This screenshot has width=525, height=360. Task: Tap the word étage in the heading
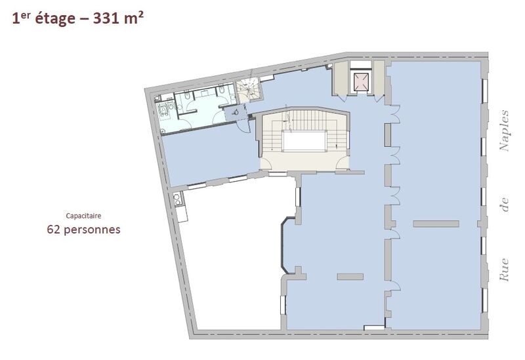pos(55,19)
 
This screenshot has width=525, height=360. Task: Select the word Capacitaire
pos(83,216)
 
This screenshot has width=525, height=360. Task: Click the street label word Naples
pos(504,130)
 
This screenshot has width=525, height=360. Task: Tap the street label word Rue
pos(504,270)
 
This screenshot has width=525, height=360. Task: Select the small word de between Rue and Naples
pos(504,205)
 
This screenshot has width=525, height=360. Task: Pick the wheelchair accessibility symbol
pos(236,111)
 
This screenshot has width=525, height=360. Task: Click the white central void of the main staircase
pos(304,141)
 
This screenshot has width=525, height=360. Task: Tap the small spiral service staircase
pos(249,90)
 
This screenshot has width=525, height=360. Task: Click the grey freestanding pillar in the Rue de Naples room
pos(436,224)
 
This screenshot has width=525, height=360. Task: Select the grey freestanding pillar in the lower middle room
pos(350,277)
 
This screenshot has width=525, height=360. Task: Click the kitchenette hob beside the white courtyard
pos(177,199)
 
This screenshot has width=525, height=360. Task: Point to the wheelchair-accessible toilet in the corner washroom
pos(163,110)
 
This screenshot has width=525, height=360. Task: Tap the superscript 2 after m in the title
pos(140,15)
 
